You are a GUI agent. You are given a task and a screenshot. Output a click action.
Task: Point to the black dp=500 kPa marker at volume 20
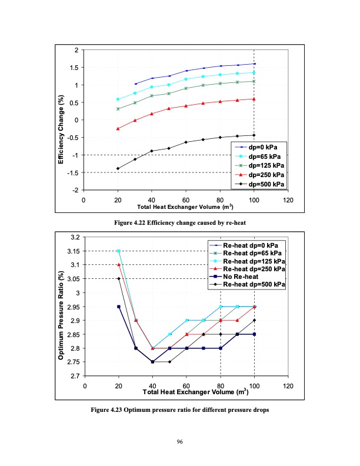pos(118,168)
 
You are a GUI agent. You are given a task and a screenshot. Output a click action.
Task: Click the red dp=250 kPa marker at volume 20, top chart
pos(118,129)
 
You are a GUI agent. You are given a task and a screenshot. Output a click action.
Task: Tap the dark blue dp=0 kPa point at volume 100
pos(254,64)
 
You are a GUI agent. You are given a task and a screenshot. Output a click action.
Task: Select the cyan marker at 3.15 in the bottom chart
pos(119,251)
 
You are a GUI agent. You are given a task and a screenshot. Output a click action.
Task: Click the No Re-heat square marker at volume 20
pos(119,307)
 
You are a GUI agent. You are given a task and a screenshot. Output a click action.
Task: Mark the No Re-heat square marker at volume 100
pos(254,334)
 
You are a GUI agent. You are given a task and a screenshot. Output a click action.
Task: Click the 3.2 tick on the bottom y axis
pos(75,237)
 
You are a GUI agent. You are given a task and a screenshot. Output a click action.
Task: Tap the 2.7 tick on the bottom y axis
pos(75,376)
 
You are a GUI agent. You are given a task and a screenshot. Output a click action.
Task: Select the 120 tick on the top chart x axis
pos(288,200)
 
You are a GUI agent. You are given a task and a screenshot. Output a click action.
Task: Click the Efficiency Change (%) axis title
pos(61,121)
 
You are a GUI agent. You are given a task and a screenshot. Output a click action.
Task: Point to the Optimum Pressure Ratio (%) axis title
pos(61,306)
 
